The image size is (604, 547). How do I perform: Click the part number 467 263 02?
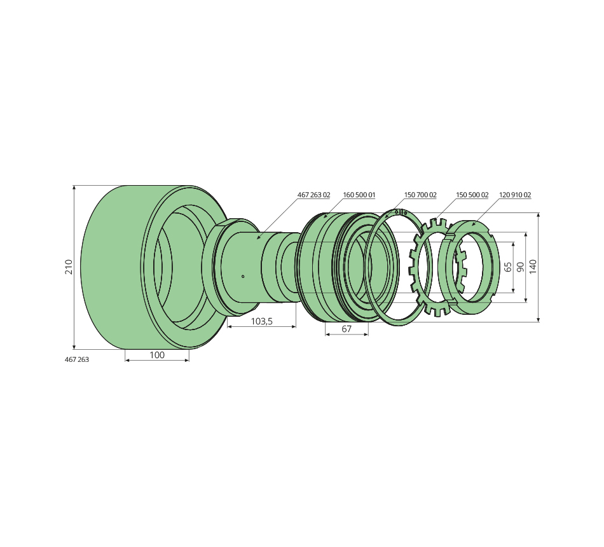pyautogui.click(x=313, y=195)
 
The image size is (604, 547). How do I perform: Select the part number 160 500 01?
pyautogui.click(x=359, y=195)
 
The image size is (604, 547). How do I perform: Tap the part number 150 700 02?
pyautogui.click(x=420, y=195)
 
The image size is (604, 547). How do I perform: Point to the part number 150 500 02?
pyautogui.click(x=472, y=195)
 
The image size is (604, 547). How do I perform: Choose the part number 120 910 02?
pyautogui.click(x=515, y=195)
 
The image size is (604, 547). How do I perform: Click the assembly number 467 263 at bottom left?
pyautogui.click(x=77, y=359)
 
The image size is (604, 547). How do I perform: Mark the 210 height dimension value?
pyautogui.click(x=69, y=267)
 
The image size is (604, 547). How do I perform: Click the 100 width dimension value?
pyautogui.click(x=157, y=355)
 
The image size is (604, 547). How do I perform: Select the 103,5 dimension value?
pyautogui.click(x=261, y=321)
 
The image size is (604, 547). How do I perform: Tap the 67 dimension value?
pyautogui.click(x=347, y=329)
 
